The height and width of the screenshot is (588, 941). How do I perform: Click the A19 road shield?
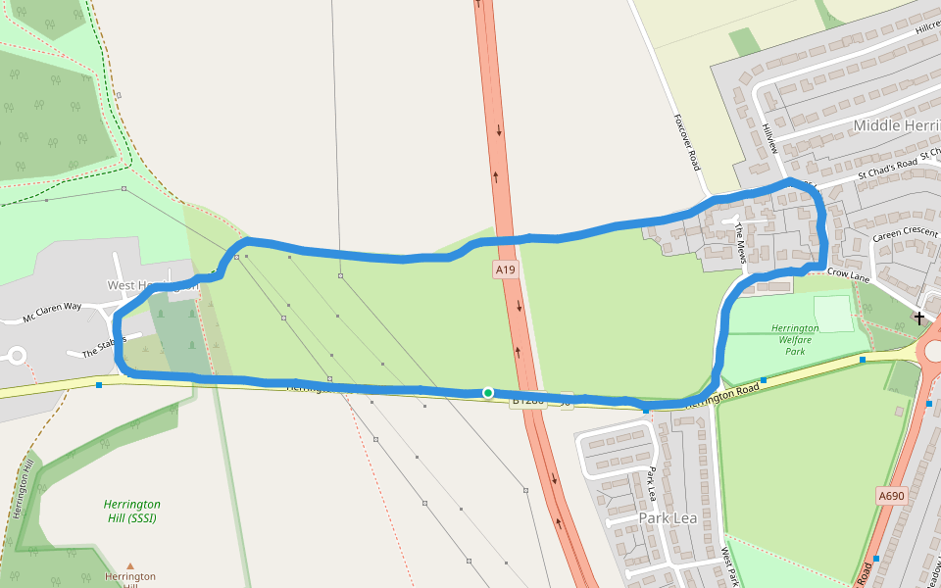pyautogui.click(x=505, y=269)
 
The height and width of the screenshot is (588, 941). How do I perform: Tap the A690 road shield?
pyautogui.click(x=892, y=496)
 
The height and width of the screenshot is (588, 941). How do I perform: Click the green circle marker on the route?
pyautogui.click(x=488, y=393)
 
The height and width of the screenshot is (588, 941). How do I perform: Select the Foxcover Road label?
pyautogui.click(x=686, y=141)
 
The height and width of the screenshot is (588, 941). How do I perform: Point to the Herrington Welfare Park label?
pyautogui.click(x=795, y=339)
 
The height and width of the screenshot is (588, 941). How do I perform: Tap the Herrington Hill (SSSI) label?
pyautogui.click(x=131, y=511)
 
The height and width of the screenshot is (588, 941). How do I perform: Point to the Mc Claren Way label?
pyautogui.click(x=53, y=313)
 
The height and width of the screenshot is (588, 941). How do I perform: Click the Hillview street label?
pyautogui.click(x=769, y=138)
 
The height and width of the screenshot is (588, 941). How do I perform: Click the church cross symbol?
pyautogui.click(x=919, y=318)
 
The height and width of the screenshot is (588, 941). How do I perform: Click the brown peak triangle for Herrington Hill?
pyautogui.click(x=130, y=565)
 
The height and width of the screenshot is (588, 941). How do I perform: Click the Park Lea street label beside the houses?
pyautogui.click(x=651, y=482)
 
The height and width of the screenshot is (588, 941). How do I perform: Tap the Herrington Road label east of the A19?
pyautogui.click(x=722, y=395)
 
